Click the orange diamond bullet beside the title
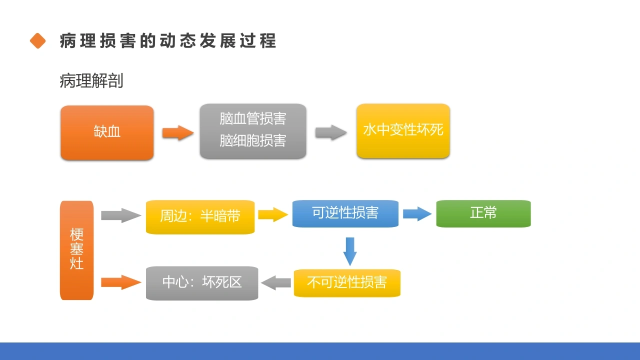point(37,40)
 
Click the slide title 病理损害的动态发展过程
point(168,40)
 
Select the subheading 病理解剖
point(91,80)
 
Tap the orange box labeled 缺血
point(107,132)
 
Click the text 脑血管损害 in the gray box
point(253,118)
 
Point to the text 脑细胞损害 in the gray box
point(253,140)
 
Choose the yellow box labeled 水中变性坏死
point(403,131)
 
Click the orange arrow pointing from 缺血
point(178,132)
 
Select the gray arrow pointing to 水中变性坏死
point(331,132)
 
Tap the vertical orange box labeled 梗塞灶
point(77,250)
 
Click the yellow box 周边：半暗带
point(200,217)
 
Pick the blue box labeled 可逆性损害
point(345,213)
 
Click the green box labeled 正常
point(483,213)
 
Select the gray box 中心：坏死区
point(202,283)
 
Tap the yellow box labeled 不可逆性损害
point(347,283)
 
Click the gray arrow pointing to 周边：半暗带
point(121,215)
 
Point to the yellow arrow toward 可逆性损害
point(273,214)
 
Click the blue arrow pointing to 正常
point(417,213)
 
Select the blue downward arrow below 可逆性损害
point(350,251)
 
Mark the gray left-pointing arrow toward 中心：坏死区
point(276,283)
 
